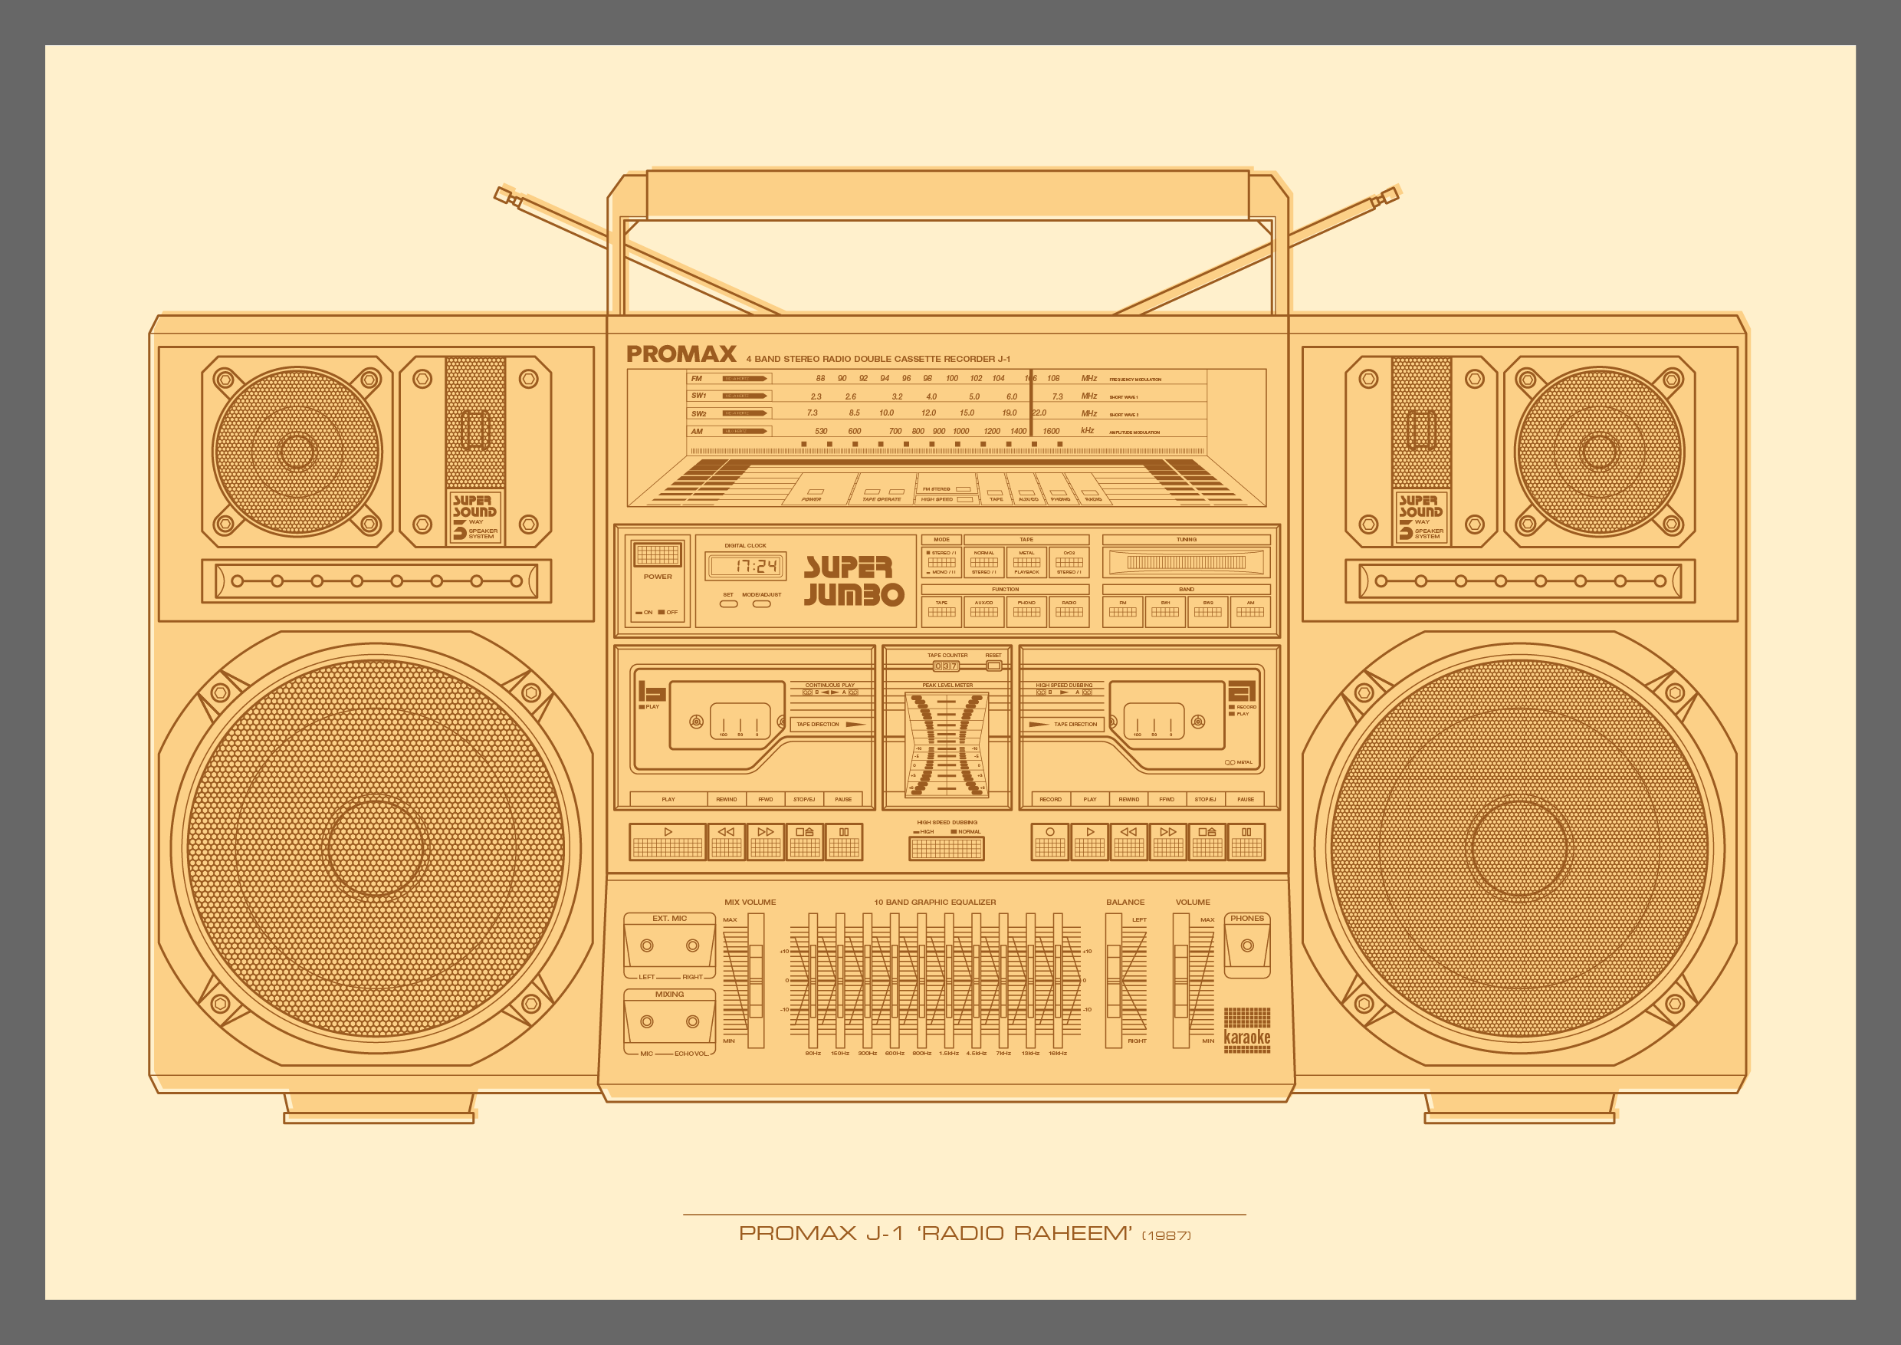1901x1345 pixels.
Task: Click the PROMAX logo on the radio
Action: point(681,354)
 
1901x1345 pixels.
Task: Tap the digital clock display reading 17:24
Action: point(745,567)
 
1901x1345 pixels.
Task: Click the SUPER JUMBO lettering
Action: point(853,580)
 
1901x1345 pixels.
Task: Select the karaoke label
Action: point(1247,1037)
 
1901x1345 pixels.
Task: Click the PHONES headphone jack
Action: point(1247,945)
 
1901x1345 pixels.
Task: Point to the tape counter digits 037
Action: point(946,666)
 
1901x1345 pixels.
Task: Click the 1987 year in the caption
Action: point(1167,1235)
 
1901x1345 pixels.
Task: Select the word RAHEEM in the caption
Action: point(1072,1233)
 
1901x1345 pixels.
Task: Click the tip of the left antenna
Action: point(501,196)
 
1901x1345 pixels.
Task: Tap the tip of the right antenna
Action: point(1391,196)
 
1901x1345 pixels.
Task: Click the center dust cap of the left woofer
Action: point(376,847)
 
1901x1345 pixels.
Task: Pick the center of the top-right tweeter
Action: point(1599,452)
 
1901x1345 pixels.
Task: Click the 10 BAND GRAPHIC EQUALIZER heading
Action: point(934,902)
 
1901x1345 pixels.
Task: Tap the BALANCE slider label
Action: point(1125,902)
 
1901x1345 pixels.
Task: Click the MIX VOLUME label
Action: point(750,902)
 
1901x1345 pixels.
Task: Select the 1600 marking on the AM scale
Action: point(1051,432)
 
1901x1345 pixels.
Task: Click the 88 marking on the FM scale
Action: point(820,379)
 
